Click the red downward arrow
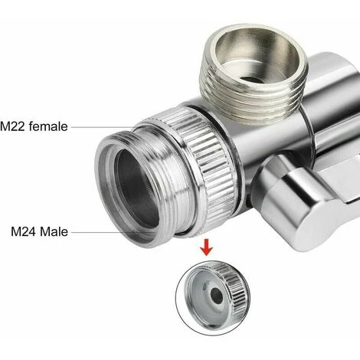click(206, 247)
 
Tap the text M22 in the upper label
click(12, 126)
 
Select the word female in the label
click(48, 126)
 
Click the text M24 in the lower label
click(24, 232)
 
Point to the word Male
click(54, 232)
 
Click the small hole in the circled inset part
click(217, 296)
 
